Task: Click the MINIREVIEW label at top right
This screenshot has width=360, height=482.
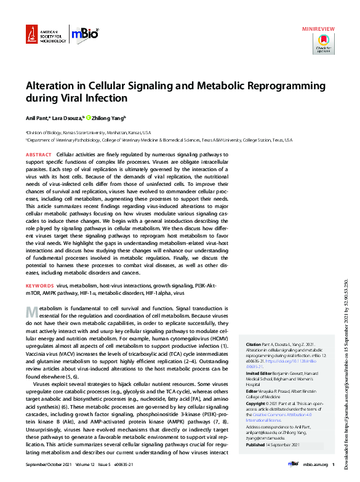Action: pos(318,29)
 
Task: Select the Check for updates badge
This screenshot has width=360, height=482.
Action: pos(324,44)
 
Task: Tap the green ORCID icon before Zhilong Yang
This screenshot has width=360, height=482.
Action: pos(89,118)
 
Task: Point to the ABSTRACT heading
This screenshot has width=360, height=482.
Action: pos(39,155)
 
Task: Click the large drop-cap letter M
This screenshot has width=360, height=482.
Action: pos(31,312)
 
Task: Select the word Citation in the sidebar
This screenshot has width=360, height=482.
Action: pos(254,344)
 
